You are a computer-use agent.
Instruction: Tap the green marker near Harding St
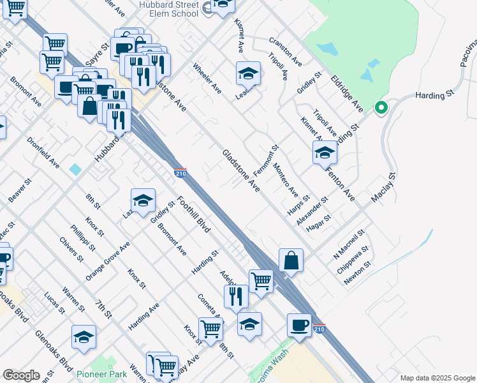pyautogui.click(x=381, y=108)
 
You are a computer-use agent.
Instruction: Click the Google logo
pyautogui.click(x=21, y=375)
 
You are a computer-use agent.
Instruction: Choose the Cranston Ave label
pyautogui.click(x=285, y=51)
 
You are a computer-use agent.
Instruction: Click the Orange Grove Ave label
pyautogui.click(x=108, y=260)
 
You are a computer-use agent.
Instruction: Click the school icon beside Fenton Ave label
pyautogui.click(x=325, y=153)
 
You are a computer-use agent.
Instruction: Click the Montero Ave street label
pyautogui.click(x=285, y=180)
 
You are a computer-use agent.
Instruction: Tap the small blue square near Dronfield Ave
pyautogui.click(x=76, y=169)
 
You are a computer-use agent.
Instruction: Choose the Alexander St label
pyautogui.click(x=312, y=211)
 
